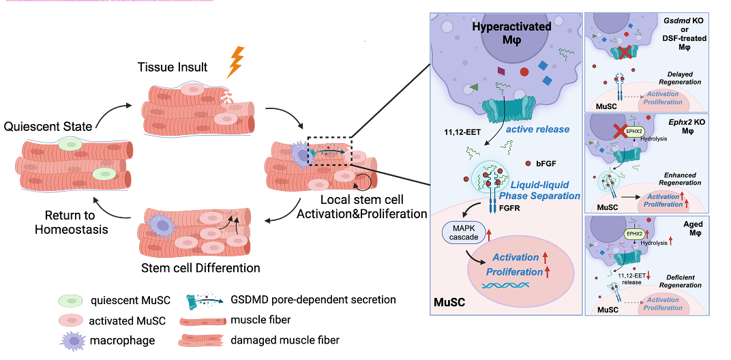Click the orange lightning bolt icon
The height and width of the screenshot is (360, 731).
coord(235,61)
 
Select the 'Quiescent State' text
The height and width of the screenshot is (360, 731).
coord(47,127)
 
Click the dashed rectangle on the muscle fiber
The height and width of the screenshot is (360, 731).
coord(329,151)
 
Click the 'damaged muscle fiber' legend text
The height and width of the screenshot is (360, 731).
coord(295,340)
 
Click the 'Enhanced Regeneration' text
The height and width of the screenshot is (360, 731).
coord(683,179)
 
